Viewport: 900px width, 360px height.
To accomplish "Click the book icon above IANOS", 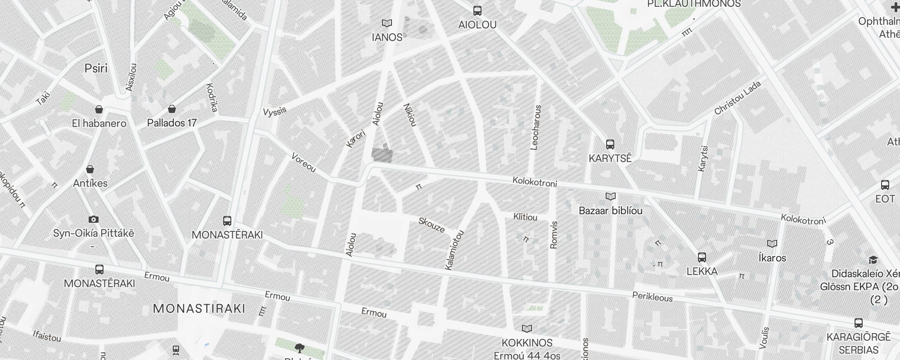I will (x=387, y=23).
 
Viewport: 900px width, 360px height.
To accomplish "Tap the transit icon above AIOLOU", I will (x=477, y=11).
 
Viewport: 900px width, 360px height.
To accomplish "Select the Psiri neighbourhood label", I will (x=96, y=68).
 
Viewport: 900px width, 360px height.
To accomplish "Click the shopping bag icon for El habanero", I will (x=99, y=109).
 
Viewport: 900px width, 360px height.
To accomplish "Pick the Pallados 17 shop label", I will (x=172, y=123).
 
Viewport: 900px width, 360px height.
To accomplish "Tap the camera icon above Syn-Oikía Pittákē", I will (x=94, y=220).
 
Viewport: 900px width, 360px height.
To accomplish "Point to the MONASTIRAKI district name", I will (x=199, y=309).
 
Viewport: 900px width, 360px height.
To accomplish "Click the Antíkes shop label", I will (x=90, y=183).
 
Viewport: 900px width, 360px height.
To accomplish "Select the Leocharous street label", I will (x=536, y=127).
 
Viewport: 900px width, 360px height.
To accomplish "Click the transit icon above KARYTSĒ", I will (x=610, y=144).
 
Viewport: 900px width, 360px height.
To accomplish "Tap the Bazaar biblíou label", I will (x=610, y=211).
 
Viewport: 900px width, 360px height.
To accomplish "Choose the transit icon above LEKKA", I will (x=702, y=257).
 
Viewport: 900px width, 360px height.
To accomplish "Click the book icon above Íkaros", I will (x=772, y=244).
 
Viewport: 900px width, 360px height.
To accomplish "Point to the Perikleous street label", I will (x=652, y=297).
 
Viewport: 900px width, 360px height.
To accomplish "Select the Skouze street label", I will (x=432, y=225).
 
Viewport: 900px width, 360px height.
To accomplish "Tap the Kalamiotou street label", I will (x=454, y=250).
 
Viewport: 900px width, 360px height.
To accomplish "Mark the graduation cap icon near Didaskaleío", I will (x=873, y=260).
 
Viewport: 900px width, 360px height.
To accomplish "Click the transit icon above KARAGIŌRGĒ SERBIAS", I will (x=858, y=323).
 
